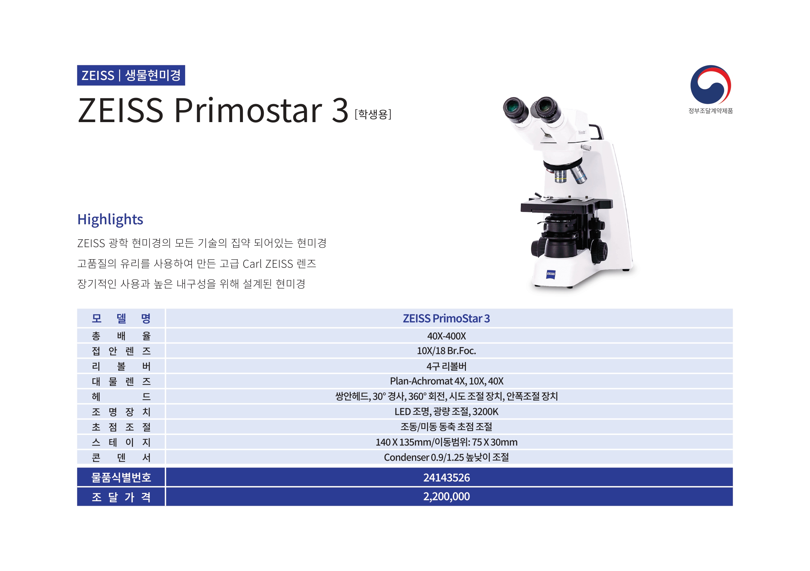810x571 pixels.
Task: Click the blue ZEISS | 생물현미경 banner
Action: tap(131, 75)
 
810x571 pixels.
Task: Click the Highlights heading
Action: tap(110, 219)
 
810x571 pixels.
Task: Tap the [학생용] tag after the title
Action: tap(373, 114)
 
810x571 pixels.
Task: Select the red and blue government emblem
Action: tap(710, 84)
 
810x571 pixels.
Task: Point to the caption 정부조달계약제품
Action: tap(710, 111)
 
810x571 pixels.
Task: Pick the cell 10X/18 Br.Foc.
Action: tap(446, 351)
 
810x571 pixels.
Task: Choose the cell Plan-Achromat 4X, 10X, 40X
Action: tap(446, 381)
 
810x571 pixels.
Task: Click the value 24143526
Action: tap(446, 478)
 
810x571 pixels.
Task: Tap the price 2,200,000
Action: tap(446, 496)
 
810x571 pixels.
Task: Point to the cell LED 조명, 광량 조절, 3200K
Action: tap(446, 412)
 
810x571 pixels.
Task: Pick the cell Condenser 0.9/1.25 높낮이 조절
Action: tap(446, 457)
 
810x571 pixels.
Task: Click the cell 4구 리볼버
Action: tap(446, 366)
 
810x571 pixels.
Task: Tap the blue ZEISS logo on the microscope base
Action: tap(550, 274)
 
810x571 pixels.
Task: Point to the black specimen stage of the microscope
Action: tap(566, 206)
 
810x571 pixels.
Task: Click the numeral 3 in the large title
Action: tap(340, 110)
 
